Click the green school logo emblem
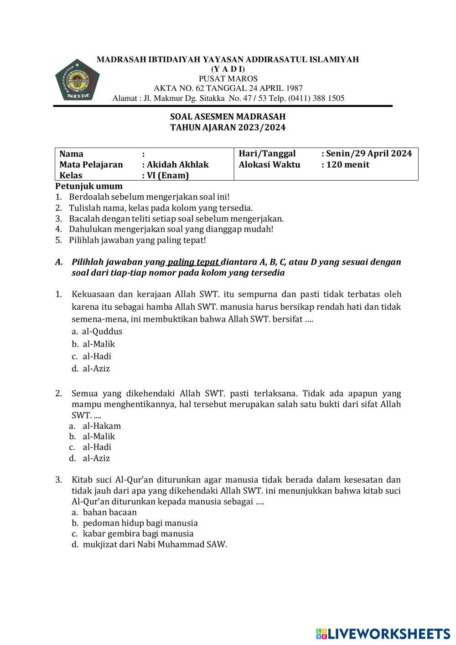click(77, 79)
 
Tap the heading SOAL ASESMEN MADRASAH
click(228, 117)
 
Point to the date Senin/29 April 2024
click(369, 154)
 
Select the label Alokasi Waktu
click(269, 165)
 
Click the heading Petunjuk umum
click(89, 186)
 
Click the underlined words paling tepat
click(194, 262)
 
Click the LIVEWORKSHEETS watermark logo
click(383, 633)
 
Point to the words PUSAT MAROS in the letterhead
click(228, 78)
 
